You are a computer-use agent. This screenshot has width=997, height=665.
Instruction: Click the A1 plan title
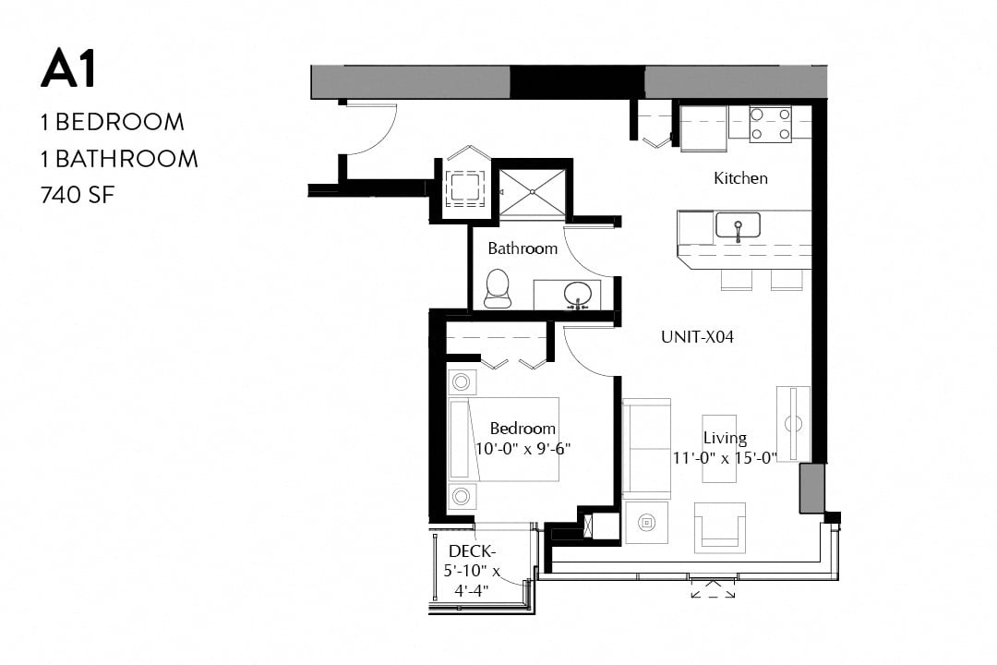[68, 70]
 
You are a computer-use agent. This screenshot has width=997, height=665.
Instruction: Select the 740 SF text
[78, 194]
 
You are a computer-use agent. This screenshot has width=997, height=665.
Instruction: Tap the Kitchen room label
[740, 178]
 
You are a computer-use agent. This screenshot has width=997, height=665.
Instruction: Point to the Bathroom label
[523, 248]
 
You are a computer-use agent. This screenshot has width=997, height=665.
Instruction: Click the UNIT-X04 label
[697, 337]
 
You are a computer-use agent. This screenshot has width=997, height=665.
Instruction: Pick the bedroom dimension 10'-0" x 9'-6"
[523, 449]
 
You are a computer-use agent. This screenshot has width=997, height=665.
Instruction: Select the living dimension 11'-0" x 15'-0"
[725, 456]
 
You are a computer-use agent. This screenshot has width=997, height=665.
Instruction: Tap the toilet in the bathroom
[498, 288]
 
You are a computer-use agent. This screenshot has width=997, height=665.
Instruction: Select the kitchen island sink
[738, 224]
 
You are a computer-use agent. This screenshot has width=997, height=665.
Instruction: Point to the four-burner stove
[770, 124]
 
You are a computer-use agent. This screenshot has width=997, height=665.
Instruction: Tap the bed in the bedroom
[505, 439]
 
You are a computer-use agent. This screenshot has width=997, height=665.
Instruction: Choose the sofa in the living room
[646, 448]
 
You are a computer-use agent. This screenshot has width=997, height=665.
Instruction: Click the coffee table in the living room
[719, 448]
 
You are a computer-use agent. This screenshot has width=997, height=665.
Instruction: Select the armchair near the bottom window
[720, 527]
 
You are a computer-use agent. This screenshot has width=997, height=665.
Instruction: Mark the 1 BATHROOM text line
[119, 159]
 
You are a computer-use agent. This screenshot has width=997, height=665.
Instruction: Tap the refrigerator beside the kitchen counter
[703, 127]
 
